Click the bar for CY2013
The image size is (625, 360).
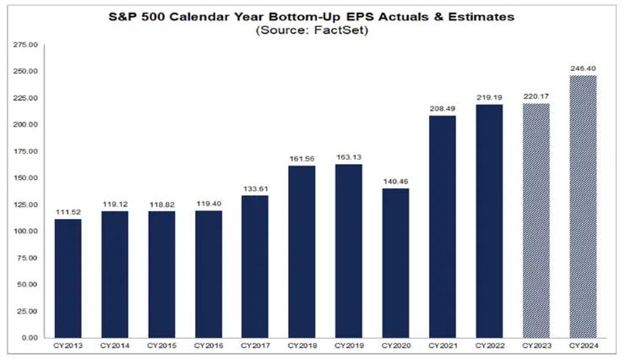click(x=68, y=278)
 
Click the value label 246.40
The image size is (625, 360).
click(x=582, y=68)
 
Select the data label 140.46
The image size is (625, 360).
click(x=395, y=181)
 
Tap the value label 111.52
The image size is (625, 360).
click(x=68, y=212)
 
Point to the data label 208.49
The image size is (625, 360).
click(x=443, y=109)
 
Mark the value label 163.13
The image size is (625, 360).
click(x=349, y=157)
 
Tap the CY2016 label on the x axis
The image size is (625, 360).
click(x=208, y=346)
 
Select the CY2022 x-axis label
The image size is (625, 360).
click(x=489, y=346)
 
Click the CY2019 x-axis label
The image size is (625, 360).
click(x=349, y=346)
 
